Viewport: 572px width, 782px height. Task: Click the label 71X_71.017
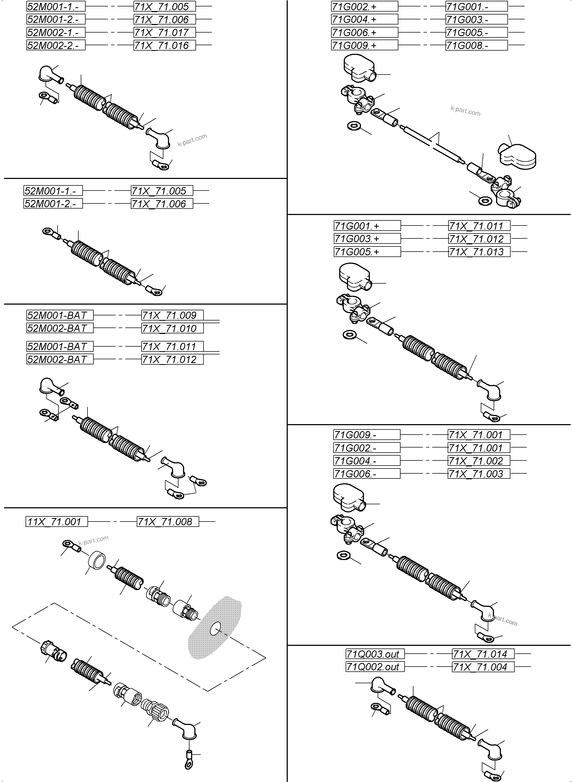click(x=164, y=33)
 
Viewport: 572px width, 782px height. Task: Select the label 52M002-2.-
click(x=56, y=45)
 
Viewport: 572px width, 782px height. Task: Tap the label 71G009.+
click(x=364, y=45)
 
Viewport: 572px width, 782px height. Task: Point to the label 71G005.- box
click(x=476, y=33)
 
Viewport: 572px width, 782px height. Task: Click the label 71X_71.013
click(x=479, y=252)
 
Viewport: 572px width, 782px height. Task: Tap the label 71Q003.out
click(x=375, y=654)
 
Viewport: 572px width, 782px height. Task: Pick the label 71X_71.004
click(x=483, y=667)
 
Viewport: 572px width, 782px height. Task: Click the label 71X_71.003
click(x=479, y=474)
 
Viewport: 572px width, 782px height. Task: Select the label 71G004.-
click(x=366, y=461)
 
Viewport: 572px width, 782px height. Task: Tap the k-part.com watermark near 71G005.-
click(x=465, y=111)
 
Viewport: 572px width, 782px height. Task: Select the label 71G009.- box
click(x=366, y=435)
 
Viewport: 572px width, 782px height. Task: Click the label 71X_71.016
click(x=164, y=45)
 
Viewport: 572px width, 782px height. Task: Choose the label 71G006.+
click(x=364, y=33)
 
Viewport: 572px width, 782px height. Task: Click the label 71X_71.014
click(x=483, y=654)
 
